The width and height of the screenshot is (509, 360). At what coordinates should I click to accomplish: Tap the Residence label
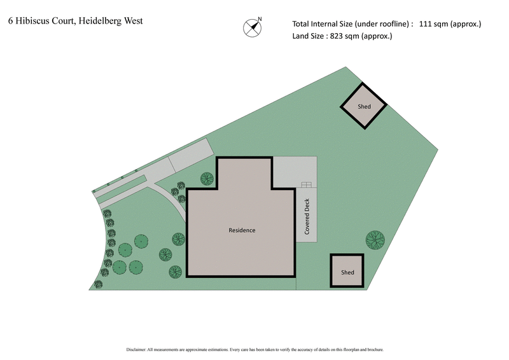coord(242,230)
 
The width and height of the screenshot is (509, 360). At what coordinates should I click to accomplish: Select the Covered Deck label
coord(307,217)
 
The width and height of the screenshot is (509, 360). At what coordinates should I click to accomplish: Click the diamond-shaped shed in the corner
coord(363,106)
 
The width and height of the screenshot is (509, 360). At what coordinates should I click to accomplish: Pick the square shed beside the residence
coord(347,271)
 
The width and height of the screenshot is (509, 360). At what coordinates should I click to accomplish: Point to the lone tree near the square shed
coord(375,240)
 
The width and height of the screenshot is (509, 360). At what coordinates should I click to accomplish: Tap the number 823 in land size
coord(338,36)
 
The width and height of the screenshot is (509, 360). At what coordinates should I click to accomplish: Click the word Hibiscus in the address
coord(33,21)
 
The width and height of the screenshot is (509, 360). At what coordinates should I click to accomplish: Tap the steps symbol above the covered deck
coord(307,185)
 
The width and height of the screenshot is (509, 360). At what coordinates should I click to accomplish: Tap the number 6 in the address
coord(10,21)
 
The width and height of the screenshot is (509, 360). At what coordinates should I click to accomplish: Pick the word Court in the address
coord(66,21)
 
